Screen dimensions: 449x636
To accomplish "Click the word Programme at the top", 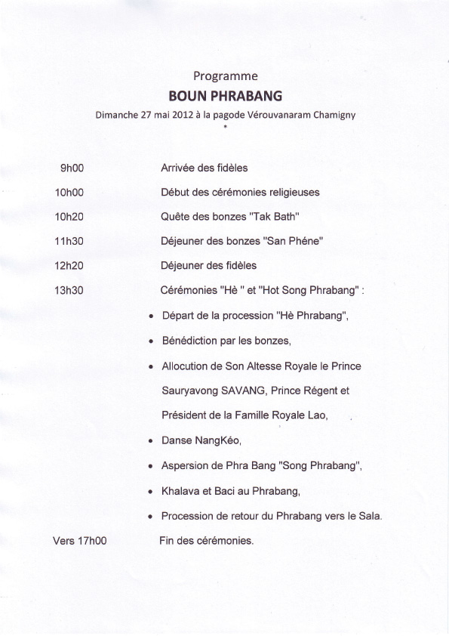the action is point(226,76).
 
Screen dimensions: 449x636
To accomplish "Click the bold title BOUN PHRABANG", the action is point(225,97).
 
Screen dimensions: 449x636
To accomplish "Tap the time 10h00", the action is point(69,192).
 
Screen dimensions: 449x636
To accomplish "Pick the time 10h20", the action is point(69,216).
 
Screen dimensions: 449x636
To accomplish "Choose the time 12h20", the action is point(69,265).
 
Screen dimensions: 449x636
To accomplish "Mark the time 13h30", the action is point(69,289).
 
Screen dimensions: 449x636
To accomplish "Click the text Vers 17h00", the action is point(79,541).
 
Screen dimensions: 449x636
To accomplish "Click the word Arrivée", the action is point(178,168).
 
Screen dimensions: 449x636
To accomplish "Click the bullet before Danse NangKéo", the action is point(152,440).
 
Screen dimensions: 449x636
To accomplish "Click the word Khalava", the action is point(180,491).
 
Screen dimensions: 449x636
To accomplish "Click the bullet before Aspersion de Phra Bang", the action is point(152,466).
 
